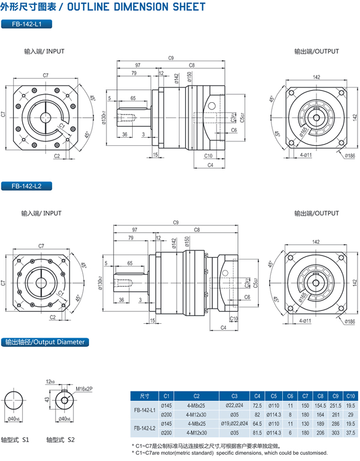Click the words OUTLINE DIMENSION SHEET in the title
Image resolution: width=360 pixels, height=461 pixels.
point(136,7)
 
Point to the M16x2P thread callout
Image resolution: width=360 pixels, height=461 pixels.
point(84,389)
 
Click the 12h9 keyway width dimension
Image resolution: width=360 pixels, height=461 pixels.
point(50,382)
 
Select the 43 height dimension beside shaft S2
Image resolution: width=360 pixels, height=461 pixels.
point(46,399)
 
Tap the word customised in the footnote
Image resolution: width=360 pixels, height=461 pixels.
point(311,453)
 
